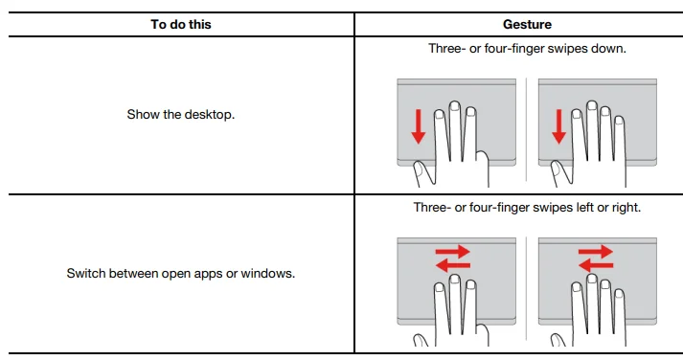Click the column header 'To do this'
(x=181, y=24)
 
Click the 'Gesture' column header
(x=527, y=24)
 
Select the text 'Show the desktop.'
(x=181, y=115)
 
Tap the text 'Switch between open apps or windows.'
(x=181, y=274)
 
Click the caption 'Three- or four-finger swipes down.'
(x=527, y=48)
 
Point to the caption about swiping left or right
(x=527, y=207)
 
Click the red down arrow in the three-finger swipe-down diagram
(x=419, y=126)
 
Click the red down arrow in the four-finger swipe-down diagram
(x=558, y=126)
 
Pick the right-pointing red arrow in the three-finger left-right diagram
(x=453, y=251)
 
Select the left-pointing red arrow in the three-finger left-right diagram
(x=453, y=265)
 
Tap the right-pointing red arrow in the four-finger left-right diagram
(x=596, y=251)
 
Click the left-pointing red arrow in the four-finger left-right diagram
(x=596, y=265)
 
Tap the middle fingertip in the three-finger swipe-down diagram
(x=455, y=105)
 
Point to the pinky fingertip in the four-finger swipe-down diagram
(x=619, y=121)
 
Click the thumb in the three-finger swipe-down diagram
(x=422, y=173)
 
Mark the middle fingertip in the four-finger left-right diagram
(x=591, y=279)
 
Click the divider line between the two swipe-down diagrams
(x=527, y=129)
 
